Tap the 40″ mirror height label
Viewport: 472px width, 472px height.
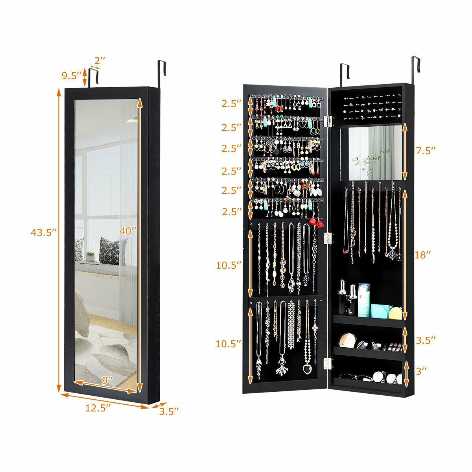pyautogui.click(x=128, y=231)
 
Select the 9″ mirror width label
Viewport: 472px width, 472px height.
pyautogui.click(x=107, y=380)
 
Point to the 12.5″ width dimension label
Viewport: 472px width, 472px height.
pyautogui.click(x=98, y=408)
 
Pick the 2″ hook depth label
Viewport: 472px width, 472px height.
pyautogui.click(x=100, y=61)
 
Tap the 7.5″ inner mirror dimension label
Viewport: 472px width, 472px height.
pyautogui.click(x=426, y=151)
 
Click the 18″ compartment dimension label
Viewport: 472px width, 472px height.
pyautogui.click(x=422, y=255)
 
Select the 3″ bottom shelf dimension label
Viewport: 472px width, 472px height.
pyautogui.click(x=421, y=371)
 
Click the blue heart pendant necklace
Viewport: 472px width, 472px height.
pyautogui.click(x=307, y=369)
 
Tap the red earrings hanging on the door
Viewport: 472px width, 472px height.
pyautogui.click(x=316, y=222)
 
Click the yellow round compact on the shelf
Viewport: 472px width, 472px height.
pyautogui.click(x=395, y=313)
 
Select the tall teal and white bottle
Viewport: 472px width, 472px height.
pyautogui.click(x=364, y=300)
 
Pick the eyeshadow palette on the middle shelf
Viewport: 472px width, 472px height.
pyautogui.click(x=395, y=347)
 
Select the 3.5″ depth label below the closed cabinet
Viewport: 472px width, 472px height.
pyautogui.click(x=169, y=411)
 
